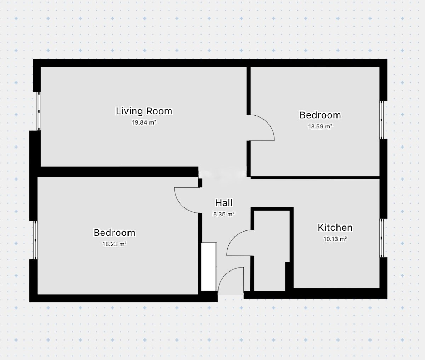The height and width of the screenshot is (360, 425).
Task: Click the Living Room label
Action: pos(144,111)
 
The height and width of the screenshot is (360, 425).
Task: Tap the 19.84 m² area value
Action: pos(144,122)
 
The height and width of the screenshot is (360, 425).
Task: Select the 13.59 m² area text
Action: pos(320,126)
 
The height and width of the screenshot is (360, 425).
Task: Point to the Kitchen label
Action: pos(335,228)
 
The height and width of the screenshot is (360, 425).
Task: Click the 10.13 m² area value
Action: pos(335,239)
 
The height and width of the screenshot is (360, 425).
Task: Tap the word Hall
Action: pos(224,203)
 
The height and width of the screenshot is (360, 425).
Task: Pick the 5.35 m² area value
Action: pos(224,214)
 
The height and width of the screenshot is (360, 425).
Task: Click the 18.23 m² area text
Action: pos(114,244)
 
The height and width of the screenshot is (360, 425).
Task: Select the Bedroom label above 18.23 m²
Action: pos(114,233)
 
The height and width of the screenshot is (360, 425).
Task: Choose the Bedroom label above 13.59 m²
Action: pos(320,115)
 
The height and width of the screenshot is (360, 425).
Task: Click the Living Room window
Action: pos(39,111)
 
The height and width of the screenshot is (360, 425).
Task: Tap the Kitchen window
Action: pos(382,238)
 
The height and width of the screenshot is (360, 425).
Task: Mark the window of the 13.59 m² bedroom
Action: pos(382,120)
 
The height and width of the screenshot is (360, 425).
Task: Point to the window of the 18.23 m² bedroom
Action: pos(35,240)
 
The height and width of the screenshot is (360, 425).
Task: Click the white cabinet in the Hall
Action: pos(209,267)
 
